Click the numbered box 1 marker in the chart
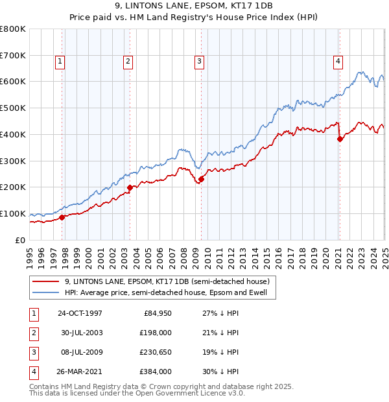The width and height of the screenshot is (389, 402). [59, 62]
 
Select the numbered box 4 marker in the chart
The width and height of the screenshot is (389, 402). [338, 62]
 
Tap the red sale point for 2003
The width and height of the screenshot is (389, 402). [130, 187]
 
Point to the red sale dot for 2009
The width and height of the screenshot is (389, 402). [201, 179]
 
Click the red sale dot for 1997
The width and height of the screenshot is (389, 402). [62, 217]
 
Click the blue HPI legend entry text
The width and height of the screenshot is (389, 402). [170, 292]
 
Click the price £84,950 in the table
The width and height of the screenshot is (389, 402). [156, 313]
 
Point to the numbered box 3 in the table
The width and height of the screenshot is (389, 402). [32, 352]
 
